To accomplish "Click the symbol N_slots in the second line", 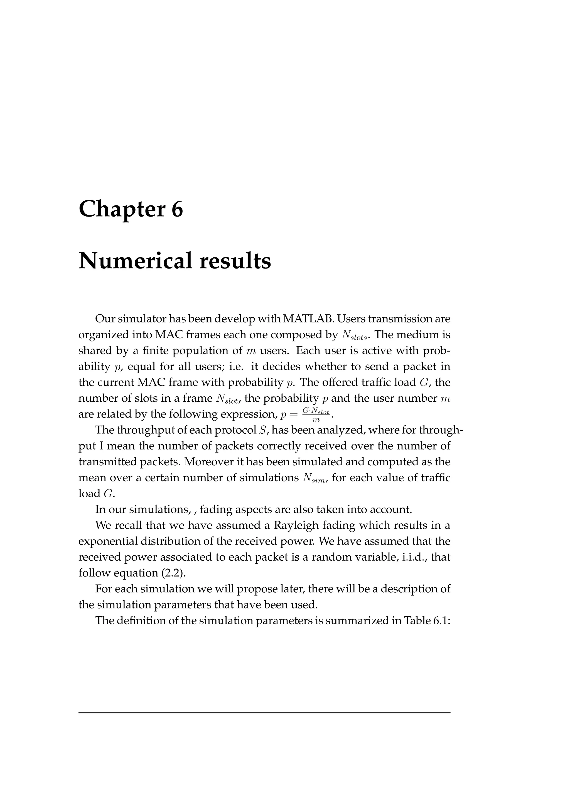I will (x=355, y=336).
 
